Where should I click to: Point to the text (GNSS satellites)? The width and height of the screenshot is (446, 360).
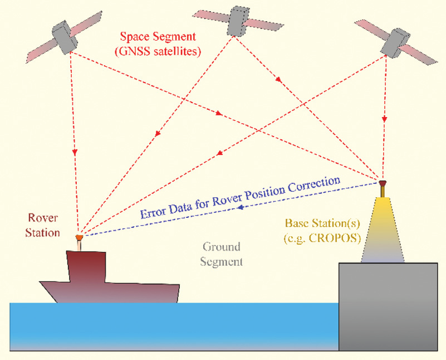pyautogui.click(x=162, y=52)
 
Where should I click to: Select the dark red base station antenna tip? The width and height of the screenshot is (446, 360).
pyautogui.click(x=383, y=182)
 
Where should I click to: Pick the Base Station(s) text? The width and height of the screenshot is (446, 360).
pyautogui.click(x=322, y=223)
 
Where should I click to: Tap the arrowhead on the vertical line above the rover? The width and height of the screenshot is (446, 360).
pyautogui.click(x=74, y=151)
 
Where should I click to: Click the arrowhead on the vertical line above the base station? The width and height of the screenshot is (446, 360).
pyautogui.click(x=384, y=119)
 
